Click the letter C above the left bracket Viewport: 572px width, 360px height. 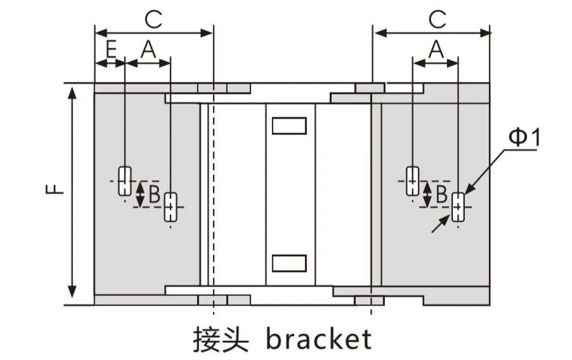tap(153, 20)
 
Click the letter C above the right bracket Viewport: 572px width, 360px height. tap(438, 20)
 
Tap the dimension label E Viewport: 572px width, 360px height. tap(111, 49)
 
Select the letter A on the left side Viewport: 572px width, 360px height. tap(148, 49)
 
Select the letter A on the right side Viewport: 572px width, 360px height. tap(436, 49)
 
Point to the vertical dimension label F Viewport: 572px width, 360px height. tap(55, 189)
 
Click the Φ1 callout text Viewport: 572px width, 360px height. tap(524, 137)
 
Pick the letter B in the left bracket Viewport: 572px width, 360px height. tap(155, 194)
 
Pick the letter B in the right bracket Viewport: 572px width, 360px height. tap(441, 194)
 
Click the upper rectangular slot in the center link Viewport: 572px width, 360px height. tap(289, 126)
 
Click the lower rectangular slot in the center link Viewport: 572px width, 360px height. tap(289, 263)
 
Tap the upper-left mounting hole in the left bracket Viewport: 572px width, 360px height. tap(125, 181)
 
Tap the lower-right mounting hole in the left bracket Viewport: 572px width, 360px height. tap(171, 207)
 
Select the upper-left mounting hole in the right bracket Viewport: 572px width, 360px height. tap(413, 181)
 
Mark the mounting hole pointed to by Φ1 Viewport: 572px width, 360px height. tap(458, 207)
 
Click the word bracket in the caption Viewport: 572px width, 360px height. tap(319, 339)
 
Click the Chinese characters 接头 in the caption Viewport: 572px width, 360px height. tap(221, 340)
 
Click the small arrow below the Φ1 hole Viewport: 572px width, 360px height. tap(441, 224)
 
